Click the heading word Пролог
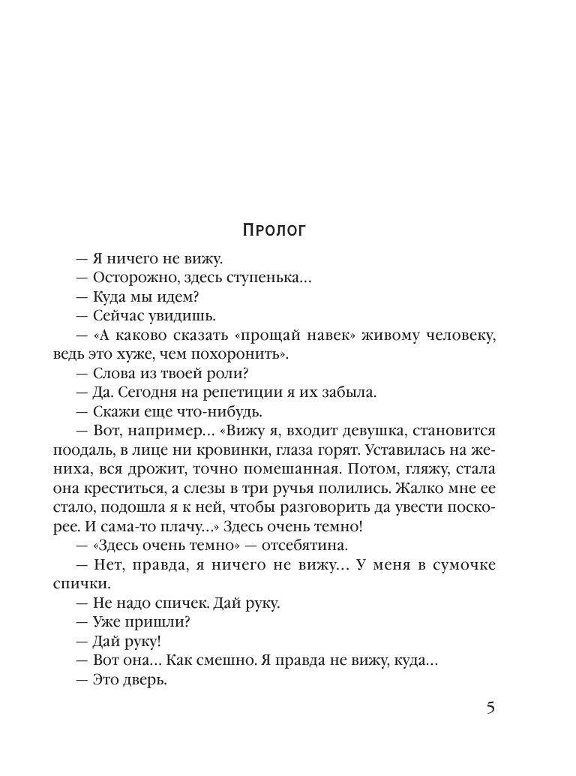coord(275,229)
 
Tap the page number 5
coord(490,708)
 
